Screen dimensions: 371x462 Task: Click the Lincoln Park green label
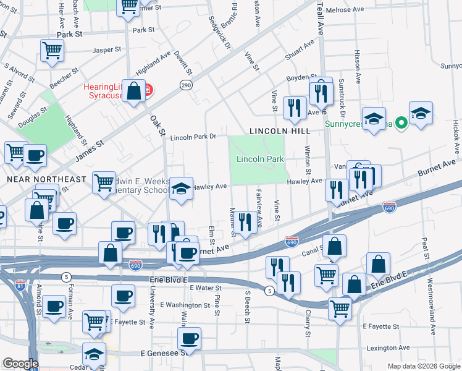(260, 159)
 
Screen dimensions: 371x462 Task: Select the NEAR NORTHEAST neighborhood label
(46, 179)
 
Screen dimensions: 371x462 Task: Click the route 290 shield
(185, 85)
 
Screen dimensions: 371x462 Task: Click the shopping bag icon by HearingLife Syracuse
(133, 92)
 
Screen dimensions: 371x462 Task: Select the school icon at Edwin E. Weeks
(181, 189)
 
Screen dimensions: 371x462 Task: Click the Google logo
(20, 364)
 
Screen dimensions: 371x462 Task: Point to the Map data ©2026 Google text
(423, 366)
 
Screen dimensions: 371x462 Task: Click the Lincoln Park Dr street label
(194, 137)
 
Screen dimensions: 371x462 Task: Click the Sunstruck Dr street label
(341, 96)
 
